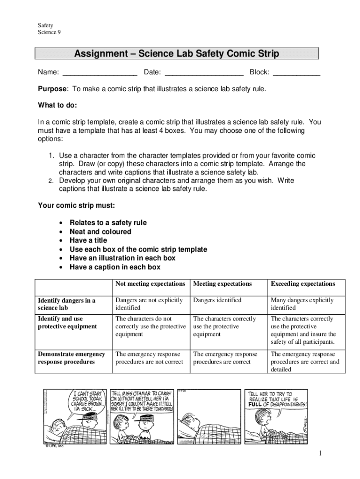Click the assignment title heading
pyautogui.click(x=176, y=54)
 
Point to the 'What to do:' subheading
pyautogui.click(x=58, y=105)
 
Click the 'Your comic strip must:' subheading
pyautogui.click(x=76, y=205)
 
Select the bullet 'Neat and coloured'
pyautogui.click(x=100, y=232)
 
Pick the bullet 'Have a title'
pyautogui.click(x=88, y=240)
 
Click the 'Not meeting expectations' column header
pyautogui.click(x=150, y=284)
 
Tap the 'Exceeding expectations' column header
pyautogui.click(x=302, y=284)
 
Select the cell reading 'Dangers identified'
pyautogui.click(x=217, y=300)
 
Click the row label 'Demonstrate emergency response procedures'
pyautogui.click(x=71, y=358)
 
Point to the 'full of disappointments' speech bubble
pyautogui.click(x=277, y=399)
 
